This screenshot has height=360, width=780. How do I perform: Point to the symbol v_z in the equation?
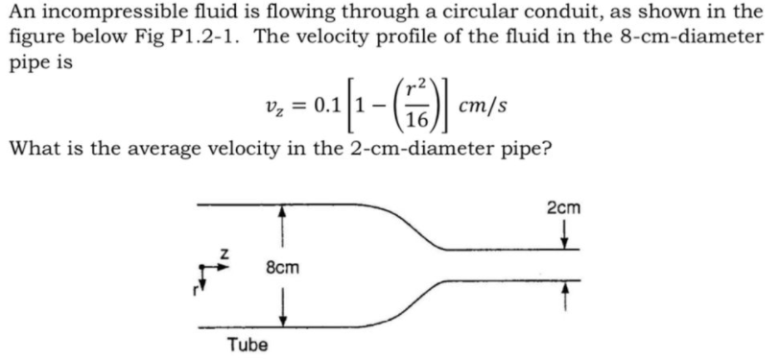271,106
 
